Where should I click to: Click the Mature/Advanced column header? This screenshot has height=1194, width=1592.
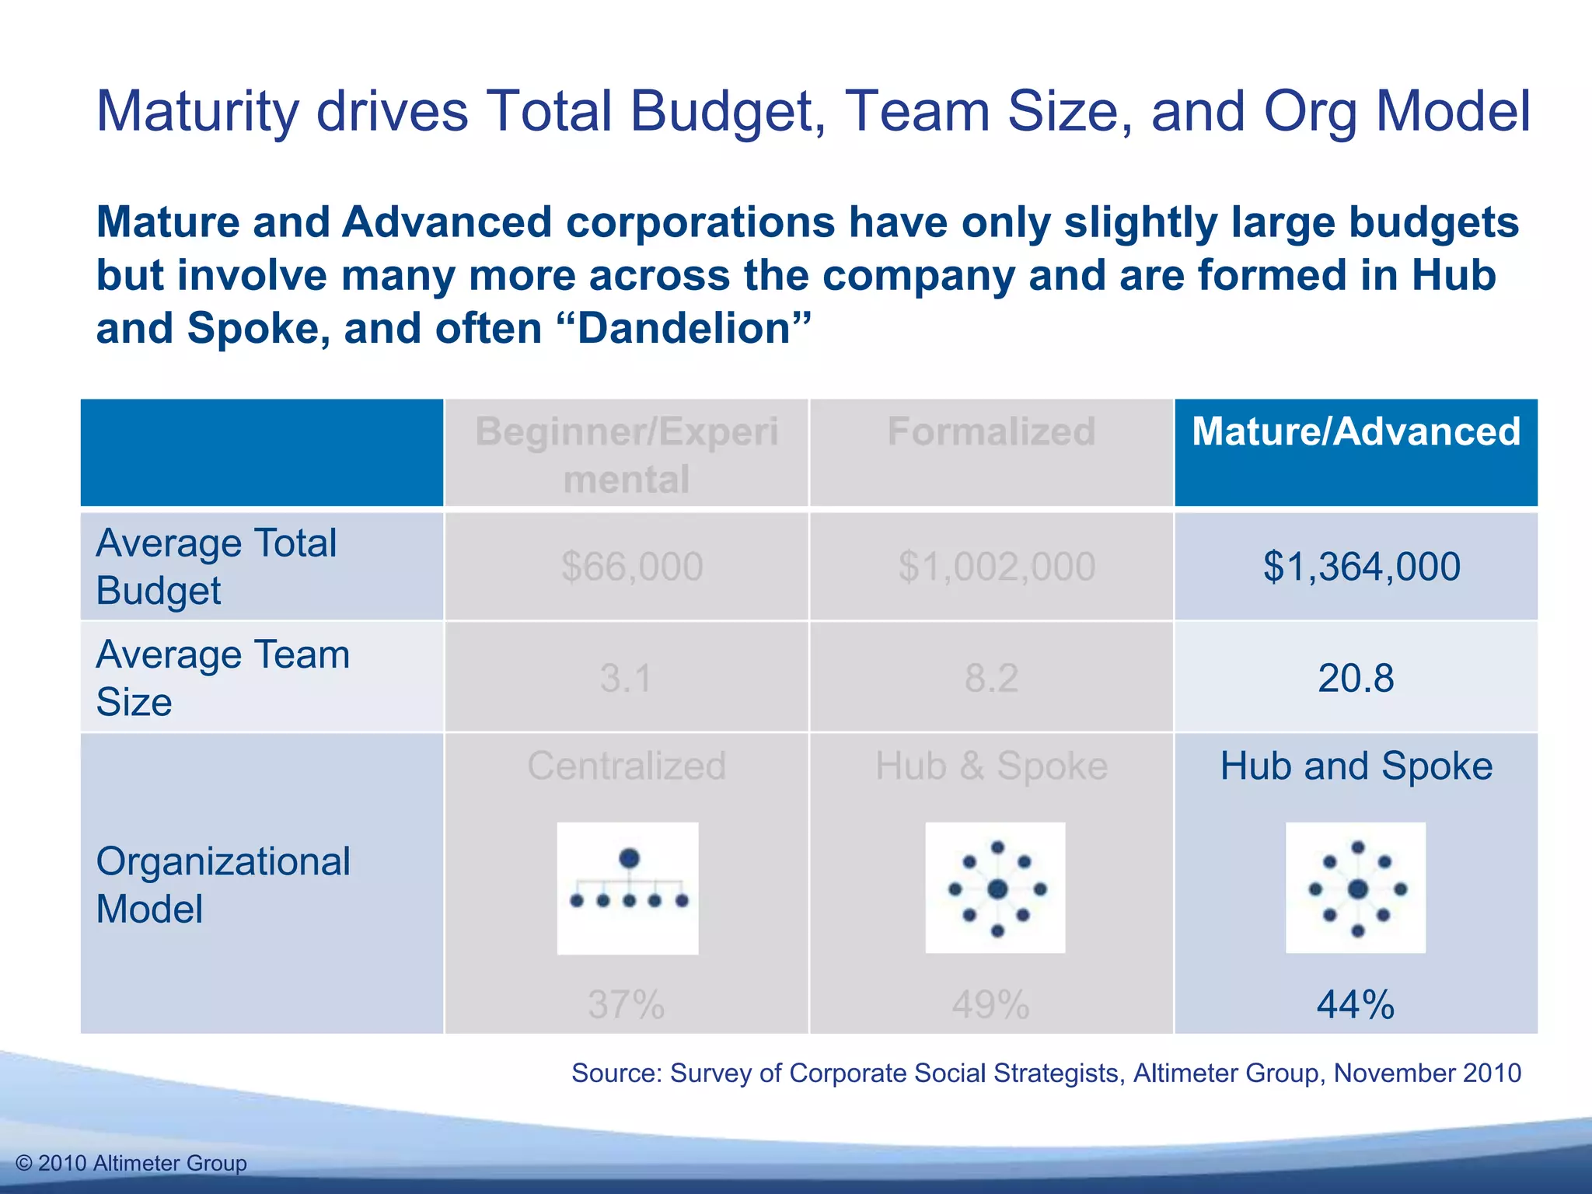(x=1356, y=431)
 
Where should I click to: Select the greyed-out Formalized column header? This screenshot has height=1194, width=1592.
(x=991, y=431)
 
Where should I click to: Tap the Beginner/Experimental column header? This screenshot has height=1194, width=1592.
(x=627, y=455)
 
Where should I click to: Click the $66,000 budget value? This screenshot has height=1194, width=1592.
(x=632, y=567)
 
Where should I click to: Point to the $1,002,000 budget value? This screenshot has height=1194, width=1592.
(x=997, y=567)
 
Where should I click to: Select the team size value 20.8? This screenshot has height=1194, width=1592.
(x=1356, y=678)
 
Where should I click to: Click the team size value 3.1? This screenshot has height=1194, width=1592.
(x=627, y=678)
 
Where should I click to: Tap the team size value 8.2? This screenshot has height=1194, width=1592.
(x=991, y=678)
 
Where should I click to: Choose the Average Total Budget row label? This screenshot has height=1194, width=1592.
(x=216, y=567)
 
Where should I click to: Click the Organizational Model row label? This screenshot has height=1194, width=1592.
(x=223, y=885)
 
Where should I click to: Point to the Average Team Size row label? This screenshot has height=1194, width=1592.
(x=222, y=678)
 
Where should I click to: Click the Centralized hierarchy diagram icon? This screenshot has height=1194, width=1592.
(x=628, y=888)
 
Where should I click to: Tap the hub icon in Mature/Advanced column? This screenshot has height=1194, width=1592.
(x=1356, y=888)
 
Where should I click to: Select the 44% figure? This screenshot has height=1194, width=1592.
(x=1356, y=1004)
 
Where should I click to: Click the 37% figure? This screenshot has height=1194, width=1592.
(x=627, y=1004)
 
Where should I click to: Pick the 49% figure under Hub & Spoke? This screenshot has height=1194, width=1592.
(x=991, y=1004)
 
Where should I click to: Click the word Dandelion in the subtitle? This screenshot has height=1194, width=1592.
(x=684, y=329)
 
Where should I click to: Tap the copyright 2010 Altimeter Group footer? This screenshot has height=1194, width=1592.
(x=131, y=1163)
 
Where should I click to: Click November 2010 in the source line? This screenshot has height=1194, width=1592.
(x=1427, y=1073)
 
